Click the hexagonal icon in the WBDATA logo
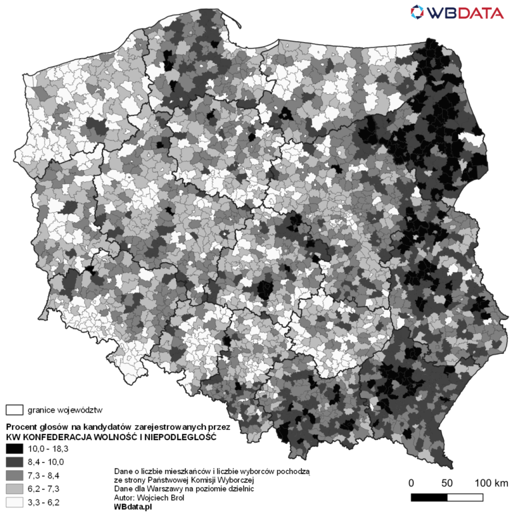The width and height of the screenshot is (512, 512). [418, 13]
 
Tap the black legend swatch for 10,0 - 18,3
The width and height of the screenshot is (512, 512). [14, 449]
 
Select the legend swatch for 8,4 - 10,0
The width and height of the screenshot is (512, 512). [14, 461]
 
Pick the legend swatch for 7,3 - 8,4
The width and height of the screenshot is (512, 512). [14, 474]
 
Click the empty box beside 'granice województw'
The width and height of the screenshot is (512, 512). [14, 409]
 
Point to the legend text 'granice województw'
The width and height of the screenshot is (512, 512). [65, 409]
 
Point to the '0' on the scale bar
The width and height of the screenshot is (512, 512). [411, 482]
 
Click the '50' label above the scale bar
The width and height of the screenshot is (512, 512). [447, 482]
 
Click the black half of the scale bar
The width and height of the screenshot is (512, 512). [429, 497]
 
